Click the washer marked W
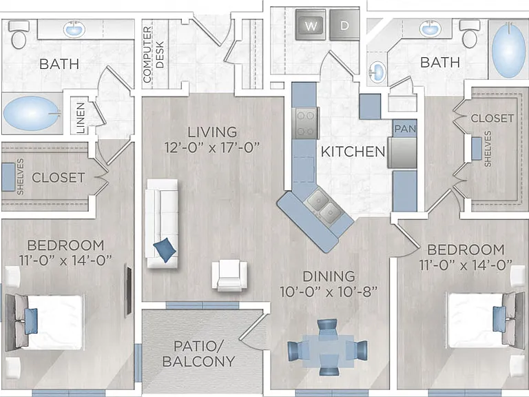pyautogui.click(x=311, y=25)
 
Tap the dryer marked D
pyautogui.click(x=344, y=25)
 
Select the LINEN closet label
pyautogui.click(x=81, y=118)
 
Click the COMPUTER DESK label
pyautogui.click(x=153, y=54)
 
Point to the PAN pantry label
pyautogui.click(x=405, y=129)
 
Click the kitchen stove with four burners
pyautogui.click(x=306, y=123)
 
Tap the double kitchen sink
pyautogui.click(x=322, y=206)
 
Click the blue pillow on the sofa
pyautogui.click(x=165, y=250)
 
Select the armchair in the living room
pyautogui.click(x=229, y=275)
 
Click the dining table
pyautogui.click(x=328, y=350)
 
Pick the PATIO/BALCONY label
pyautogui.click(x=198, y=354)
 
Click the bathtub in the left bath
pyautogui.click(x=32, y=114)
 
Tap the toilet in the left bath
pyautogui.click(x=19, y=34)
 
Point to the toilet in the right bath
pyautogui.click(x=470, y=34)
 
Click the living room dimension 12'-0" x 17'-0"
pyautogui.click(x=212, y=147)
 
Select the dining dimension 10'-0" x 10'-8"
pyautogui.click(x=329, y=292)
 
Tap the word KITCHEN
pyautogui.click(x=353, y=152)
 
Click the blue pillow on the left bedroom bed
pyautogui.click(x=31, y=321)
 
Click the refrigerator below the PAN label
pyautogui.click(x=402, y=152)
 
